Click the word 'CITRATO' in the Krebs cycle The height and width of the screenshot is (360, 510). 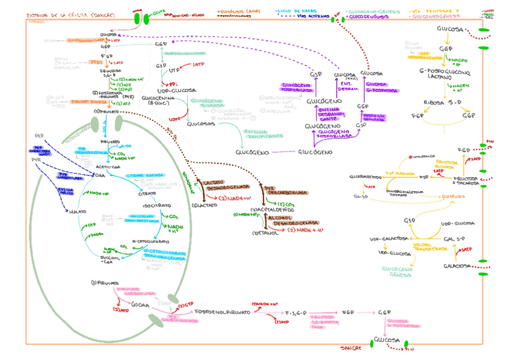pos(148,194)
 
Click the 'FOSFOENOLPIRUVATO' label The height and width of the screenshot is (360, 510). pos(218,312)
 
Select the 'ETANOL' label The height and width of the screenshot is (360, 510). pos(266,233)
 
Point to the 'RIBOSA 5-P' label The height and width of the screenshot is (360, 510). pos(441,102)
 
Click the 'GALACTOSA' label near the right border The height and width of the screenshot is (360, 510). pos(456,265)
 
